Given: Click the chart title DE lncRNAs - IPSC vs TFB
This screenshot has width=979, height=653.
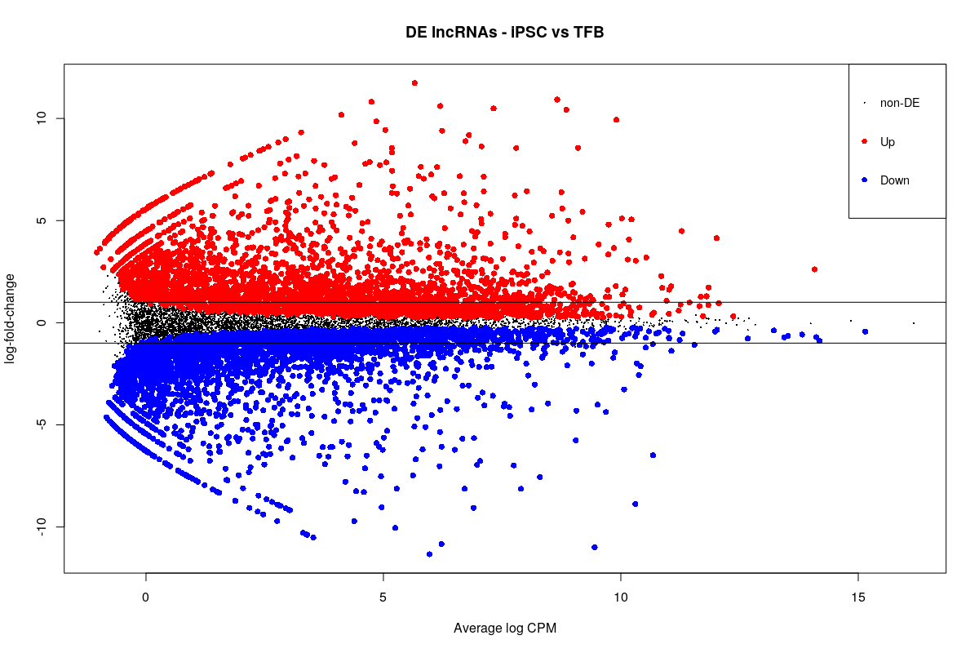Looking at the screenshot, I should [x=504, y=33].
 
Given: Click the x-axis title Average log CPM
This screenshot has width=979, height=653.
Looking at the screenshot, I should [x=504, y=628].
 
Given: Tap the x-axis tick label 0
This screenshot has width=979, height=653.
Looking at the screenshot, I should [x=145, y=597].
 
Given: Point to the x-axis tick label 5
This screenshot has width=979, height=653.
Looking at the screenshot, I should [x=383, y=597].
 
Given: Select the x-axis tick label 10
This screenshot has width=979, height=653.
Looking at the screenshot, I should [x=620, y=597].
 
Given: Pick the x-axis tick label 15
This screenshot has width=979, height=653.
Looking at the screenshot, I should [x=857, y=597].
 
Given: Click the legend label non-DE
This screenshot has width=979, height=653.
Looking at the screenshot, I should [x=899, y=103].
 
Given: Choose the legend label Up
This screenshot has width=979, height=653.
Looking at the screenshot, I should [x=887, y=142].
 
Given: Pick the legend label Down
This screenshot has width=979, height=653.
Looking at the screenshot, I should [x=894, y=180].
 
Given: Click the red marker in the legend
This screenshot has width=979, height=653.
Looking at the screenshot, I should [x=864, y=142].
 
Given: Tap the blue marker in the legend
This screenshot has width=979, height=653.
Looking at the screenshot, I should [x=864, y=180].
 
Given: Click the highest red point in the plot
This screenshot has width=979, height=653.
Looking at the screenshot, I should [x=414, y=83].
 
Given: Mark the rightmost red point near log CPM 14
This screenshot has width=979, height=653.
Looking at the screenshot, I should [x=814, y=269].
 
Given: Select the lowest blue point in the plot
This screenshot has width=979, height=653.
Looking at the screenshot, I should [x=429, y=554].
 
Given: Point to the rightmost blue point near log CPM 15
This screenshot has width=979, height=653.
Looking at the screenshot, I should [x=865, y=331].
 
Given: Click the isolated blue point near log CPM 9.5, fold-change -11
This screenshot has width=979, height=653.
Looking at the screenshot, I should [x=595, y=547].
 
